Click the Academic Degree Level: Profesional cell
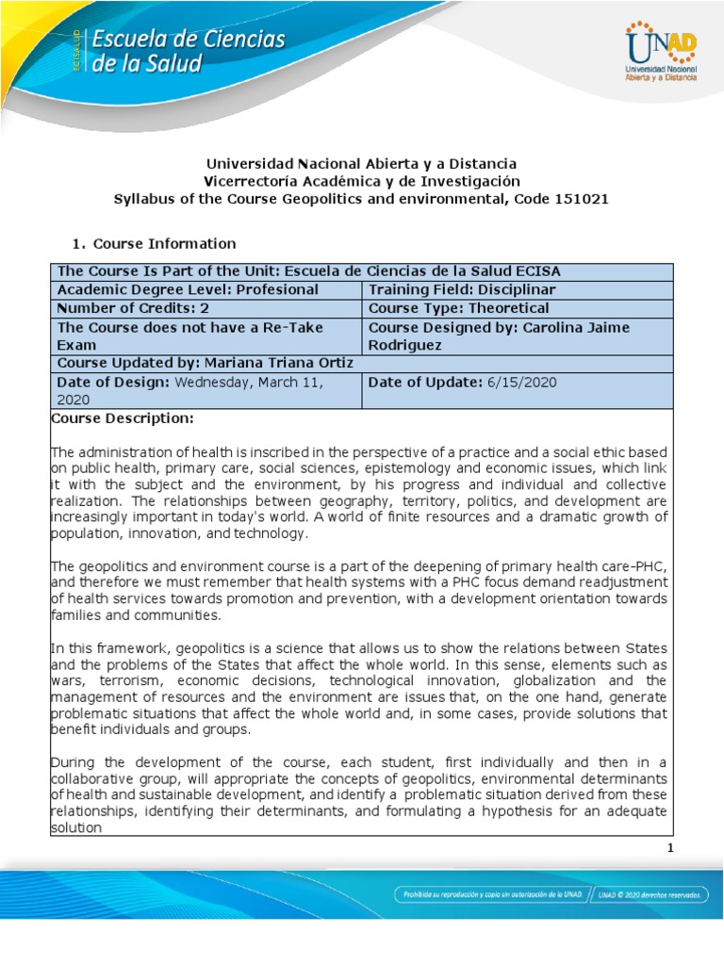[189, 290]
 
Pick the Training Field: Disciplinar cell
[462, 290]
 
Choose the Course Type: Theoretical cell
[458, 308]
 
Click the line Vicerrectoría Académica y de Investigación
[362, 181]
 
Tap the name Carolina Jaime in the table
[584, 327]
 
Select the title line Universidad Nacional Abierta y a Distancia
[362, 164]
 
